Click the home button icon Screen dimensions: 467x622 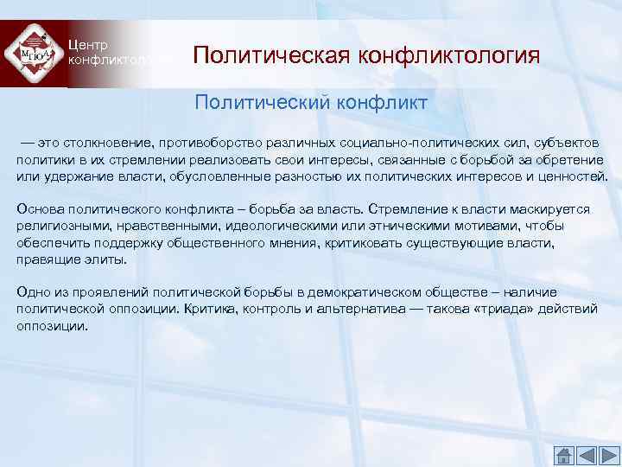point(563,456)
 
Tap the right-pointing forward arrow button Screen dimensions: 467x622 point(608,456)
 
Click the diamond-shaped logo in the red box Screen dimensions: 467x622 point(34,54)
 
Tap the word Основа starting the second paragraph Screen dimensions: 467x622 point(38,209)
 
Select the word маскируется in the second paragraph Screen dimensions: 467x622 point(554,209)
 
